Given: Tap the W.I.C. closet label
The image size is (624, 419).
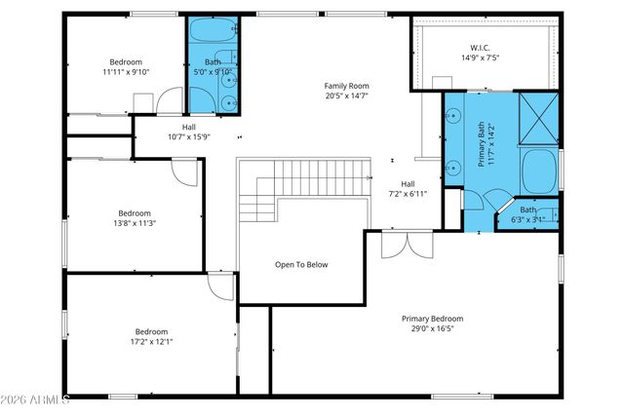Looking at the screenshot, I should [x=481, y=47].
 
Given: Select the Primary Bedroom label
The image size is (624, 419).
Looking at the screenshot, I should [x=432, y=319].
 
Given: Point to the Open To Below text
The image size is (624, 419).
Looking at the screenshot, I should [x=300, y=264].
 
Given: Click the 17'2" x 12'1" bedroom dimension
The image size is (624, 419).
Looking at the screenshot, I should [x=151, y=341].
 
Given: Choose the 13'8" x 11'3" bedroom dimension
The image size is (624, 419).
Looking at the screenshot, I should [x=135, y=223].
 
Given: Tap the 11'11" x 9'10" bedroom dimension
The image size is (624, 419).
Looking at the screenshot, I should [x=125, y=72].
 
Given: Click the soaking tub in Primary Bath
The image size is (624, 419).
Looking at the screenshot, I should [x=538, y=171].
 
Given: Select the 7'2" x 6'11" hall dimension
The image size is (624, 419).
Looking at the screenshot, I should [x=408, y=194].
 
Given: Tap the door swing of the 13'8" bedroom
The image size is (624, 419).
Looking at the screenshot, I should [x=185, y=170].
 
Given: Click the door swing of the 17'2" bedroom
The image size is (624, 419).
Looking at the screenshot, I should [x=220, y=286].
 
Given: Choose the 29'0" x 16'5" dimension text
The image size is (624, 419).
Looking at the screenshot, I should [x=432, y=329].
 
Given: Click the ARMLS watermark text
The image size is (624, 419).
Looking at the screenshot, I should [x=35, y=400].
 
